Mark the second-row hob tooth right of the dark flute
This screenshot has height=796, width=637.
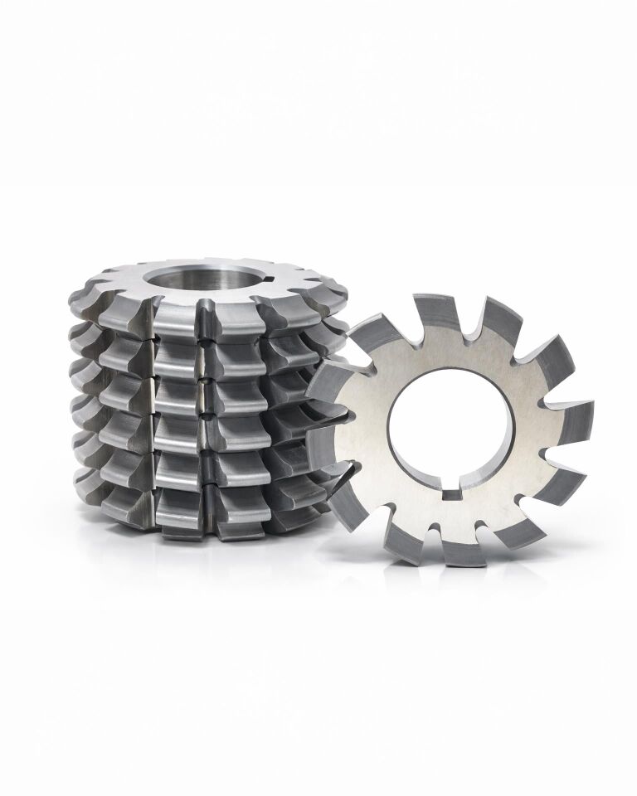click(x=236, y=352)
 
